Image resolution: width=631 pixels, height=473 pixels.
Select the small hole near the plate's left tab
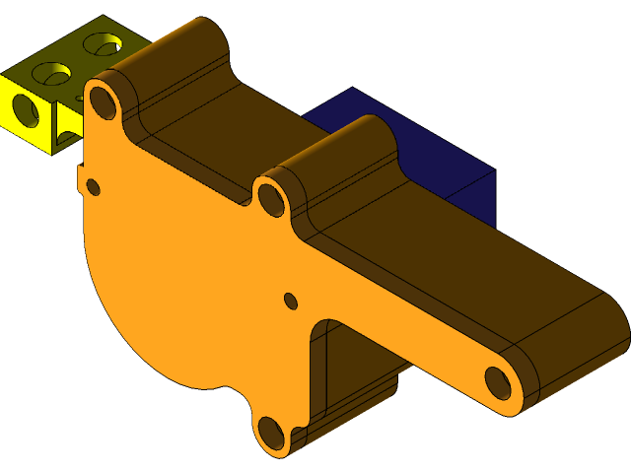94,186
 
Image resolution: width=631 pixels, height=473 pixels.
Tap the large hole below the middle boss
270,199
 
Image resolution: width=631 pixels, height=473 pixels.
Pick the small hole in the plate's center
291,300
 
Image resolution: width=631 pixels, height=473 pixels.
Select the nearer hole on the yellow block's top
51,74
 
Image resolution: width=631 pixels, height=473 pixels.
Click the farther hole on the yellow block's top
101,43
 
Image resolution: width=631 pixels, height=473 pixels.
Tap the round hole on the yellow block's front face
24,110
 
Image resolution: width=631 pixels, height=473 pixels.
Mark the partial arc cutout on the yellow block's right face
69,126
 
